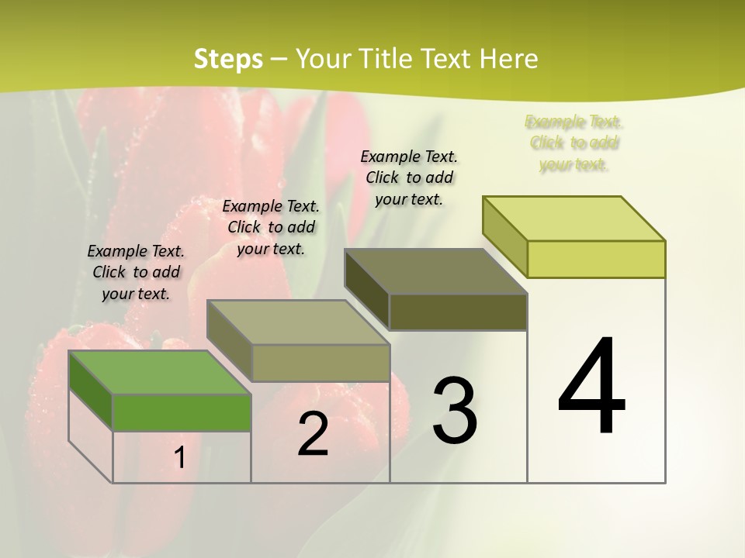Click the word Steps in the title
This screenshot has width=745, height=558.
[x=228, y=59]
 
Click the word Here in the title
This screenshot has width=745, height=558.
[x=508, y=59]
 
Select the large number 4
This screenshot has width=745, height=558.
[x=591, y=387]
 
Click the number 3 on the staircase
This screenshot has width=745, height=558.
[x=455, y=410]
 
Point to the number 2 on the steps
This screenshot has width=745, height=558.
[x=313, y=434]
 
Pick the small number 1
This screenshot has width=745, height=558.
[x=180, y=458]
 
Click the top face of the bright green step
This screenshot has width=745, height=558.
[x=160, y=372]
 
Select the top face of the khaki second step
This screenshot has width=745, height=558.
[x=298, y=322]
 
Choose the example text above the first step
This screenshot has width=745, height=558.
[x=137, y=272]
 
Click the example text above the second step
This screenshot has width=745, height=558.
[x=271, y=227]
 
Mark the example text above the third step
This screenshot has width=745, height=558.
[x=409, y=177]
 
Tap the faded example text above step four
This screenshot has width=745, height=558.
[x=574, y=143]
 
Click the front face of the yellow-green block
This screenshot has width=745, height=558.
[x=596, y=259]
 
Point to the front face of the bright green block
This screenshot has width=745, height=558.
[x=182, y=412]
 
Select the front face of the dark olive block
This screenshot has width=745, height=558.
[x=458, y=312]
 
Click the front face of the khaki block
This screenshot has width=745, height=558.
[x=321, y=363]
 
